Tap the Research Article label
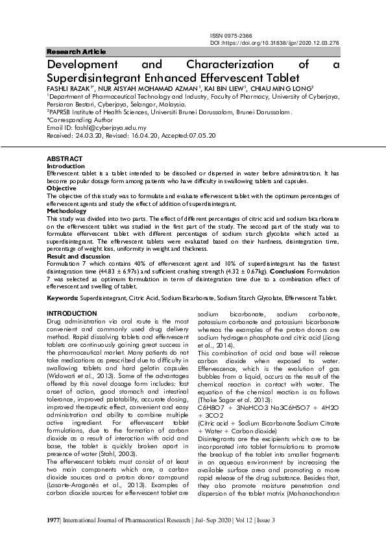click(x=77, y=52)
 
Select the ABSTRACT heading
click(x=64, y=159)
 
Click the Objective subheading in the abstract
click(x=62, y=188)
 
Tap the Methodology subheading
click(x=67, y=211)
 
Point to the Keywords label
click(x=62, y=298)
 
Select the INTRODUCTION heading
click(x=72, y=314)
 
